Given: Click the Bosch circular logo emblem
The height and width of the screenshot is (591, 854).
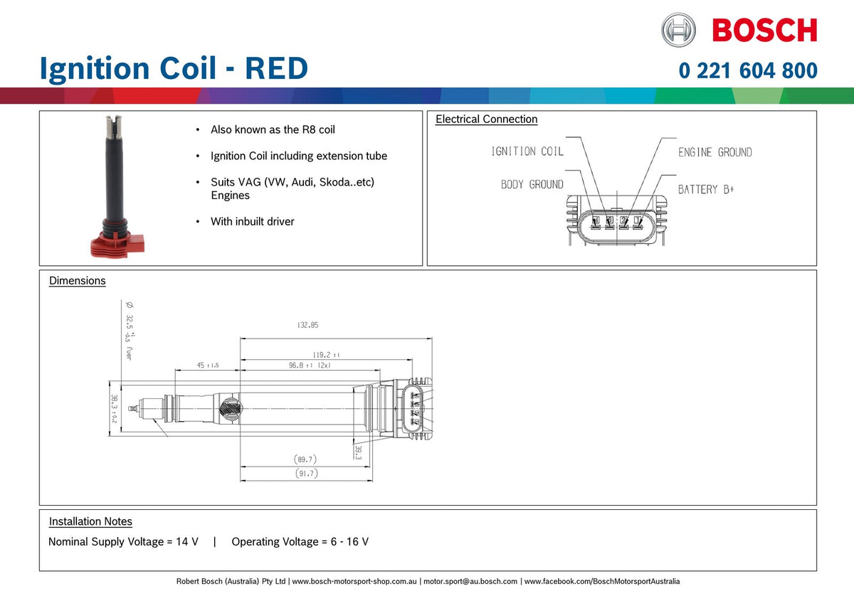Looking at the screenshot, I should (678, 31).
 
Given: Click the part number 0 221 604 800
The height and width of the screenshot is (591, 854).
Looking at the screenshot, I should (748, 71).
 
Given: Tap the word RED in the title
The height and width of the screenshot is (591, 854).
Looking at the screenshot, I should (276, 69).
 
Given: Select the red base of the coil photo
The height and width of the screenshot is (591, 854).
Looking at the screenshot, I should (117, 245).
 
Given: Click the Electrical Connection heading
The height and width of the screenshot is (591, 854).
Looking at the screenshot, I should (486, 119).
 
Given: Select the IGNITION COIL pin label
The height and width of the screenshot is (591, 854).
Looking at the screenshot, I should (527, 151).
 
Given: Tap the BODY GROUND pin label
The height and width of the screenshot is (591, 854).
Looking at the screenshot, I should (532, 185).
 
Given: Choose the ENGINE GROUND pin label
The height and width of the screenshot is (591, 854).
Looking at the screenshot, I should (715, 152).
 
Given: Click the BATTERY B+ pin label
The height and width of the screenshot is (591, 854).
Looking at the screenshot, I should (705, 189).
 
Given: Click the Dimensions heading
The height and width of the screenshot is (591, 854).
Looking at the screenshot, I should (77, 281).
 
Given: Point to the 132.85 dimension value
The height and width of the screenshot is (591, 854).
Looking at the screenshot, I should (307, 325).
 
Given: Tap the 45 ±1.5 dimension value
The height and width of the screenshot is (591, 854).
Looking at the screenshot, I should (207, 365).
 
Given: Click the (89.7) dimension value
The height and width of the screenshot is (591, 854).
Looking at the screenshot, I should (305, 459).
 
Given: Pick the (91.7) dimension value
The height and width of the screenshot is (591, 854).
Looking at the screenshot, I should (306, 474).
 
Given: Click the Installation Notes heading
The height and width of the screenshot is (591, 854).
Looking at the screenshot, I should (90, 521).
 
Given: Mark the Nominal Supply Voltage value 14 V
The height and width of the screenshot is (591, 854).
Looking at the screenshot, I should (187, 542).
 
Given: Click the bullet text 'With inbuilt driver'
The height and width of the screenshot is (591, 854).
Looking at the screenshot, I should (252, 222).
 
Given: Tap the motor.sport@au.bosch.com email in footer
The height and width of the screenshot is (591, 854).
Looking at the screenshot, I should (470, 582).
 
